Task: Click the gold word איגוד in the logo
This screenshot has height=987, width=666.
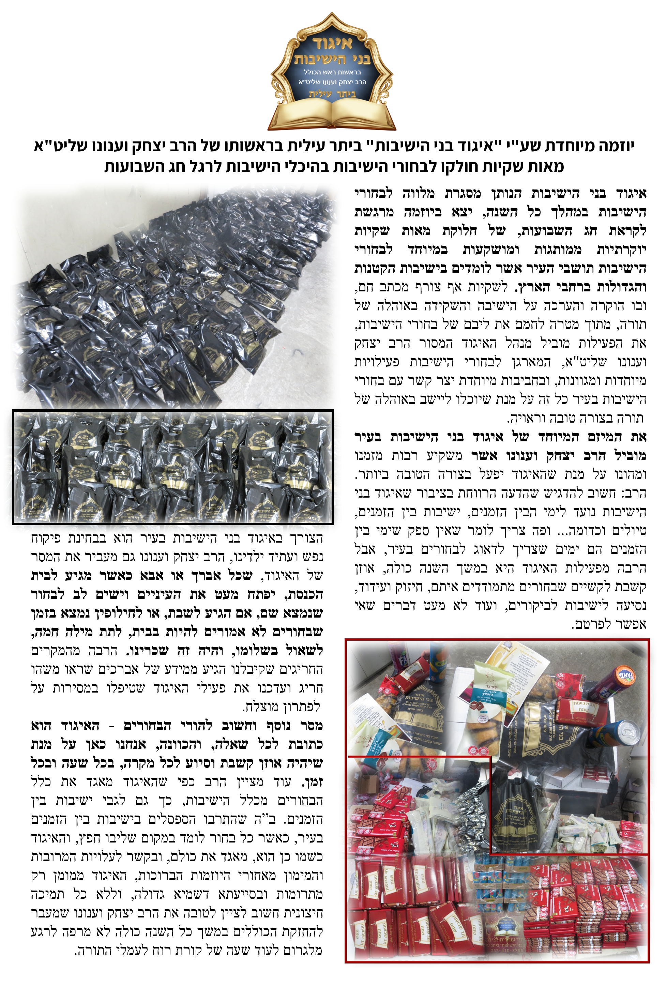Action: click(x=333, y=43)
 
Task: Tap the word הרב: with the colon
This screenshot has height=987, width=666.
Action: click(x=634, y=493)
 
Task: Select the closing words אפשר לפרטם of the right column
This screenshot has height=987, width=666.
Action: click(x=609, y=624)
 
